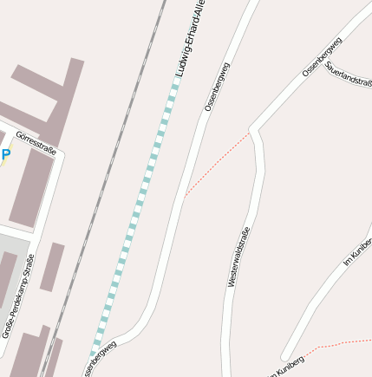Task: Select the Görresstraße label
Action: (x=36, y=141)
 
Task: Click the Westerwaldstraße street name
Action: (x=238, y=257)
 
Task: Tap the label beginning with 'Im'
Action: (x=357, y=250)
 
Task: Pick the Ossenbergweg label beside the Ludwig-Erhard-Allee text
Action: (x=217, y=87)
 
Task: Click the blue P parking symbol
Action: (x=5, y=155)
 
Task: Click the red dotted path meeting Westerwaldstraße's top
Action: (x=217, y=165)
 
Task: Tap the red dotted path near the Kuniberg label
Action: (x=343, y=343)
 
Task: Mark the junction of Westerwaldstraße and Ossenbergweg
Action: (x=251, y=131)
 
